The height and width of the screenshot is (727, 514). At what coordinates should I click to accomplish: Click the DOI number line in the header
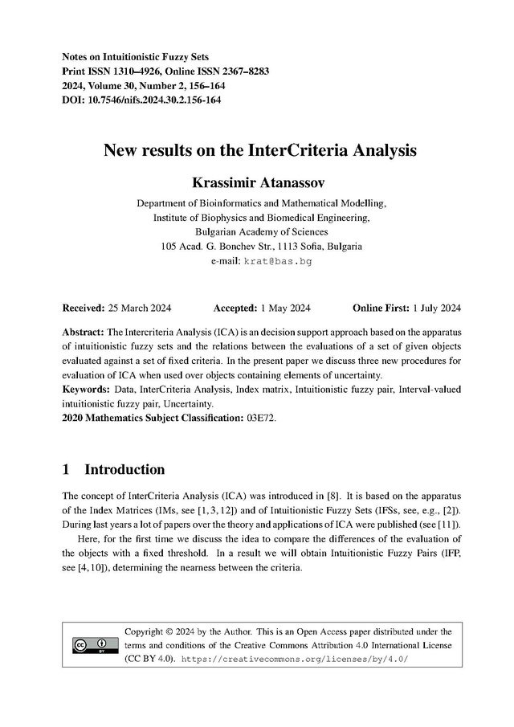tap(141, 100)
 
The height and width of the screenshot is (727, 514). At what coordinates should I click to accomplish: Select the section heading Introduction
tap(124, 469)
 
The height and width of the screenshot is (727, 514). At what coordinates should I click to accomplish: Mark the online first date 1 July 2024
tap(436, 308)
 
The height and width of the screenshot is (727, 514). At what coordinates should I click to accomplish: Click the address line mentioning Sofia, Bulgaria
tap(261, 247)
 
